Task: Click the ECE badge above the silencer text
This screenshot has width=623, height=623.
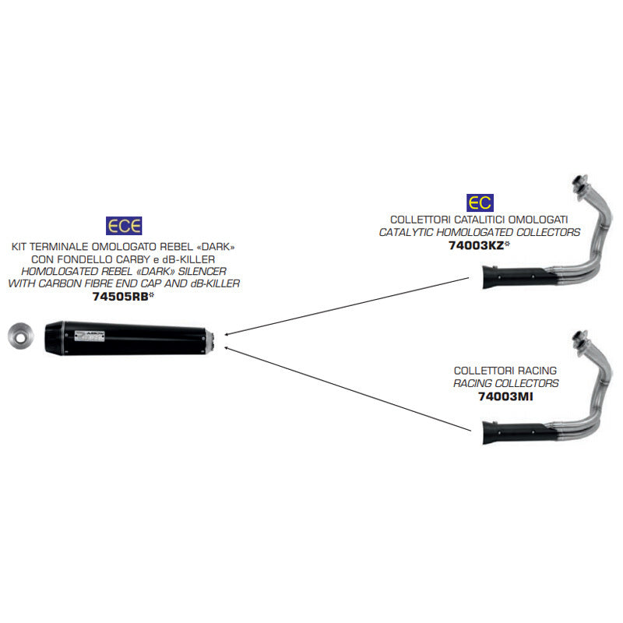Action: click(124, 227)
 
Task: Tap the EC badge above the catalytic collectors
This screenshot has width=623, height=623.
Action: click(479, 203)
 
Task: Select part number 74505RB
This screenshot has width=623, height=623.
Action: click(118, 297)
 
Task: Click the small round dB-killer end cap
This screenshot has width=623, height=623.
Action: click(18, 336)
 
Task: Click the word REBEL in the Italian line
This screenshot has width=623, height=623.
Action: click(168, 247)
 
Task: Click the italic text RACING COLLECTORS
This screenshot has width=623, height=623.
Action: click(506, 383)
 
